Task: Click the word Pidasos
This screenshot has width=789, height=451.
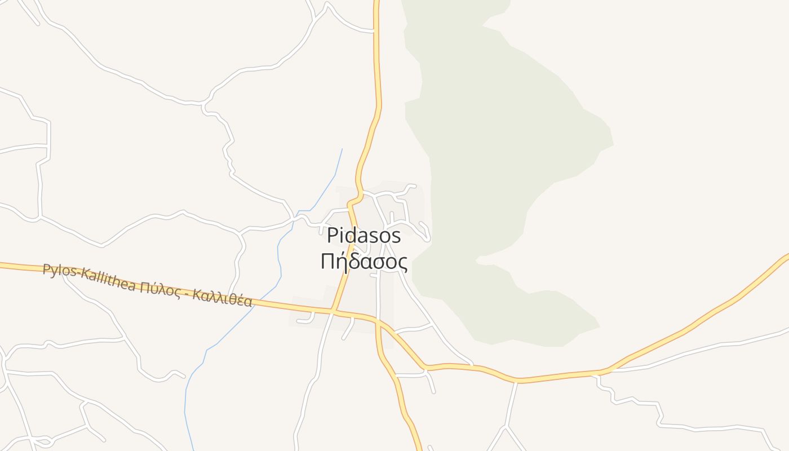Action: [x=364, y=236]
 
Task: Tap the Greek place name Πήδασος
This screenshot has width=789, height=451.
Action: [x=364, y=262]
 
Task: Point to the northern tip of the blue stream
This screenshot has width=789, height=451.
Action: [x=342, y=149]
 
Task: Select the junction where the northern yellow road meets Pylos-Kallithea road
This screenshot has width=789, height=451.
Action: [x=334, y=310]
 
